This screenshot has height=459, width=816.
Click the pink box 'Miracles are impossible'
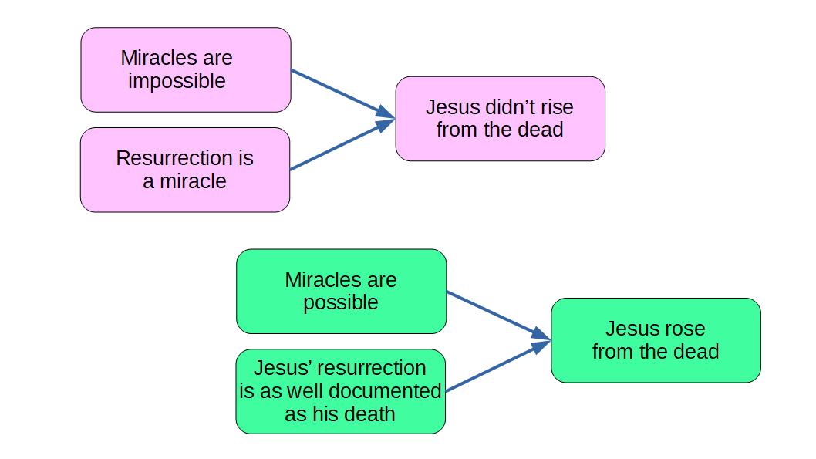click(186, 69)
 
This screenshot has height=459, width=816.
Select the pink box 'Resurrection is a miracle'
click(185, 170)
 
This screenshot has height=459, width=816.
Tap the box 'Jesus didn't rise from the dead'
click(500, 119)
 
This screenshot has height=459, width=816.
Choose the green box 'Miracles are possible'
click(342, 292)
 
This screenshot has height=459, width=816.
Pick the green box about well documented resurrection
click(341, 391)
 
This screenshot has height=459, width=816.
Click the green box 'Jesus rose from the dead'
click(656, 340)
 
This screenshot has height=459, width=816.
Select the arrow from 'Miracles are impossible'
click(343, 93)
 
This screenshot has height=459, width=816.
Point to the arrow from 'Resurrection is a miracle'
click(342, 144)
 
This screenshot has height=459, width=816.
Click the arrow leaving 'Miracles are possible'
click(498, 316)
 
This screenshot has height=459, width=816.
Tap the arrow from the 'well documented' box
click(498, 366)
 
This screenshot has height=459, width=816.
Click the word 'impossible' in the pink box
click(177, 82)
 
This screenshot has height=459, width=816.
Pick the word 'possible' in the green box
click(341, 303)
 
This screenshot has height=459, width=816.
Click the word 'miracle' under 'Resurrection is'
click(193, 181)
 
